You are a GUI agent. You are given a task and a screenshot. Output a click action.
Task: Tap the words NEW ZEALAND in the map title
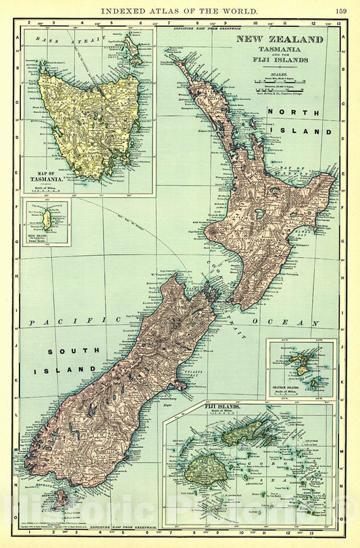[279, 39]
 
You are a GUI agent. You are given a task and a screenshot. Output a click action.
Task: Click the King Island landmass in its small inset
[47, 219]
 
